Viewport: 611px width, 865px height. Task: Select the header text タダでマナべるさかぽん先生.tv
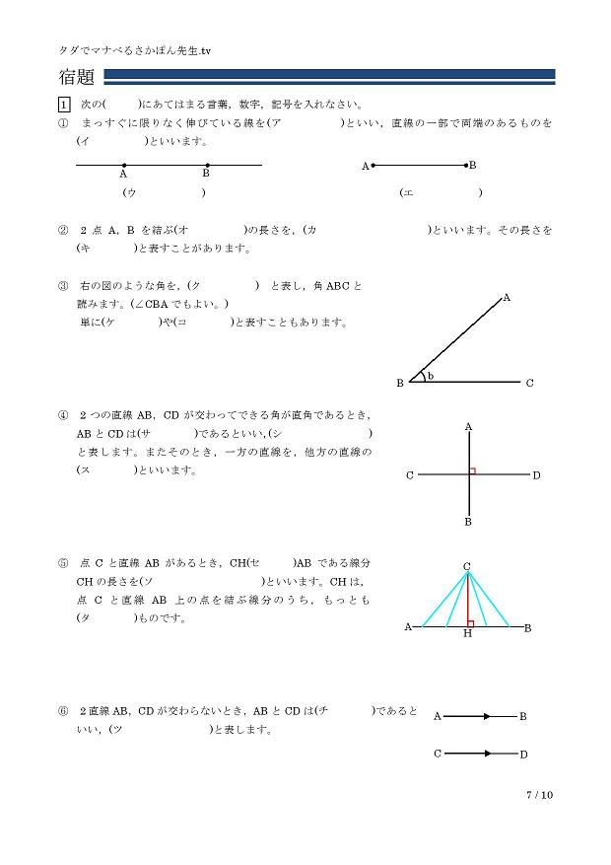click(136, 48)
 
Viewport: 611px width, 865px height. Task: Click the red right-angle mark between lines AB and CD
click(472, 471)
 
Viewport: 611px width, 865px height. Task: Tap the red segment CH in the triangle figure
click(467, 598)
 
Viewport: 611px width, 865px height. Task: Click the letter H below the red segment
click(467, 633)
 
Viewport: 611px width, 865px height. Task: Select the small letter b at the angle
click(431, 375)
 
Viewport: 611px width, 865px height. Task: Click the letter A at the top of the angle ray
click(507, 297)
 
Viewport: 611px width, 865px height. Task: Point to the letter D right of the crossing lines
click(536, 476)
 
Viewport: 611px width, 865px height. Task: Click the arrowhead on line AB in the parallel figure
click(486, 716)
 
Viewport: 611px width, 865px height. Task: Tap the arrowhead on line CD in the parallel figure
click(486, 754)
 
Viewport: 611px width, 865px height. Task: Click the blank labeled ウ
click(164, 193)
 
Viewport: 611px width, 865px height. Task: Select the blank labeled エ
click(441, 193)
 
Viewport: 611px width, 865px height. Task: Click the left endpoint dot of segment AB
click(372, 166)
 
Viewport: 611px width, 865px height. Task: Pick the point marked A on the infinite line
click(123, 165)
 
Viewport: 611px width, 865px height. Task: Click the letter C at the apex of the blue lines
click(467, 565)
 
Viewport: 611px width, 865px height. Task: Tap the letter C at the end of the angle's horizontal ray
click(529, 383)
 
